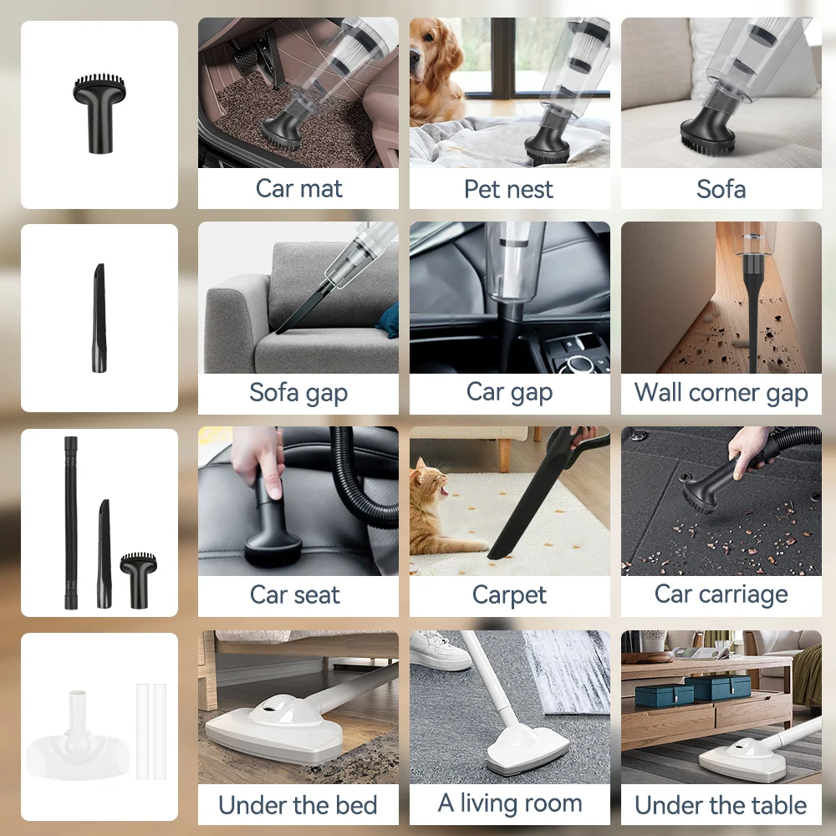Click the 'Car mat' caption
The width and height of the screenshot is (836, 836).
(298, 189)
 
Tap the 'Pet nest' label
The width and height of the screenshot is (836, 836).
(508, 189)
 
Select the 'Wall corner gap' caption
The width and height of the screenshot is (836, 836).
(721, 392)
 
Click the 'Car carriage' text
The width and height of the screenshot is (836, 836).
(721, 594)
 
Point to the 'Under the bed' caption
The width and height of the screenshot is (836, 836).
(298, 805)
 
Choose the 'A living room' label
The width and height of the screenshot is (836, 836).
(509, 803)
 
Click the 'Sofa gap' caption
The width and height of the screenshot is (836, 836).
(298, 392)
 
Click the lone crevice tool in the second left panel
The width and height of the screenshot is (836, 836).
(99, 318)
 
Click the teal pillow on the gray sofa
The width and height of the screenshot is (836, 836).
(387, 320)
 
